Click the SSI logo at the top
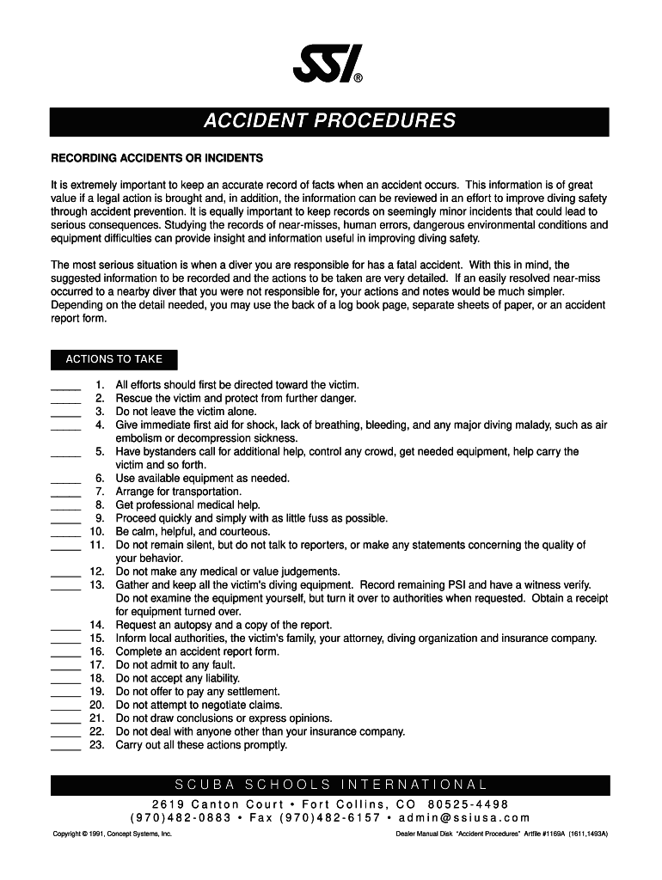329,64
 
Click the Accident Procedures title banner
329,121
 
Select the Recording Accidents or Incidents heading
157,159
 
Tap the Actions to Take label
114,359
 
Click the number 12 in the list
96,572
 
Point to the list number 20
96,706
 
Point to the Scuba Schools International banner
330,785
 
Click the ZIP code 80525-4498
468,804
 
